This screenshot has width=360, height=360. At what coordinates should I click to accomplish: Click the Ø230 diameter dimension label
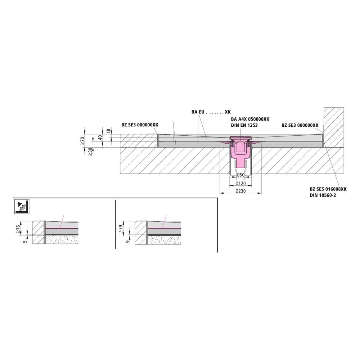click(x=240, y=191)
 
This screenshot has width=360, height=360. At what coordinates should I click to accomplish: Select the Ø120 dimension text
click(x=240, y=184)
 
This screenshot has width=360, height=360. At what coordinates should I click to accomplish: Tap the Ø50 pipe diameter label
click(x=240, y=175)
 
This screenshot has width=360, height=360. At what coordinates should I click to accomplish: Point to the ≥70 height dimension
click(x=82, y=140)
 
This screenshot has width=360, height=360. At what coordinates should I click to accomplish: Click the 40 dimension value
click(x=100, y=138)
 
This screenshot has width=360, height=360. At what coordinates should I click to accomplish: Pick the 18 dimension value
click(x=109, y=131)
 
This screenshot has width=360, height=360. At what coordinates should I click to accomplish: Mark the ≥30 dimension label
click(x=90, y=152)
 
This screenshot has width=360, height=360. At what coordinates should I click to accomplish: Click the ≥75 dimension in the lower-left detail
click(x=19, y=229)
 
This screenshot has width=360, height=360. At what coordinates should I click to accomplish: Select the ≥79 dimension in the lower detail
click(x=121, y=229)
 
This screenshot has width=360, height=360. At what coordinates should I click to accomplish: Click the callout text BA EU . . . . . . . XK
click(x=211, y=112)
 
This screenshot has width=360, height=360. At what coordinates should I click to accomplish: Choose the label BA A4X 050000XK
click(x=250, y=119)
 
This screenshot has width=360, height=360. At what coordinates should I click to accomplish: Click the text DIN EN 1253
click(x=244, y=125)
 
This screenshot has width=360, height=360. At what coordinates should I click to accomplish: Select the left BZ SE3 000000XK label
click(x=140, y=125)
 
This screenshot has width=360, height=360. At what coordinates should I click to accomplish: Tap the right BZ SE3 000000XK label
click(x=300, y=125)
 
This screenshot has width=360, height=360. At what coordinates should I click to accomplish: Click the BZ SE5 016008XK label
click(x=328, y=189)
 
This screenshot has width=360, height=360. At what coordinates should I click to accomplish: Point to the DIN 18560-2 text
click(x=323, y=195)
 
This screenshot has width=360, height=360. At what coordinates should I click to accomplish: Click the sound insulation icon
click(x=22, y=207)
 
